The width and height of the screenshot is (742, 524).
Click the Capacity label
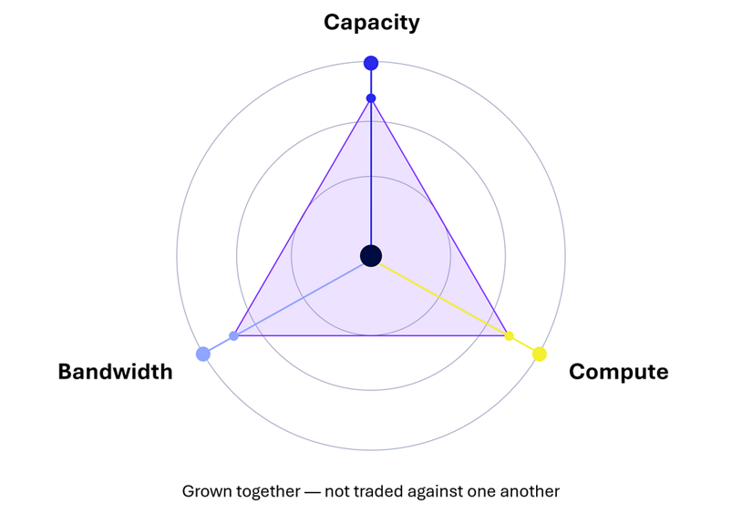pos(372,23)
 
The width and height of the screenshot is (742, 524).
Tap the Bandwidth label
pos(115,372)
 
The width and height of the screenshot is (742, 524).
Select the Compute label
pos(619,372)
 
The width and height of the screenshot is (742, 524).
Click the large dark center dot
pos(371,256)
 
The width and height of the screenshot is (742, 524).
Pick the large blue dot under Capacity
pos(371,63)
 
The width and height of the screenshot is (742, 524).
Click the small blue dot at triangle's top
pos(371,98)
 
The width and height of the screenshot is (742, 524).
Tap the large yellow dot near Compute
pos(540,354)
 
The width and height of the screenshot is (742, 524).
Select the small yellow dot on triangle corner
pos(510,336)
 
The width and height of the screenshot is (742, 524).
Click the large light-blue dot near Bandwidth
pos(203,354)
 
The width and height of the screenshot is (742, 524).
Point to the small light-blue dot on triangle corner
pos(233,336)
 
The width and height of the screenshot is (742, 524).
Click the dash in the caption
pos(313,492)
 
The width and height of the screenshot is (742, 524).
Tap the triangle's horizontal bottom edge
pos(372,335)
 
